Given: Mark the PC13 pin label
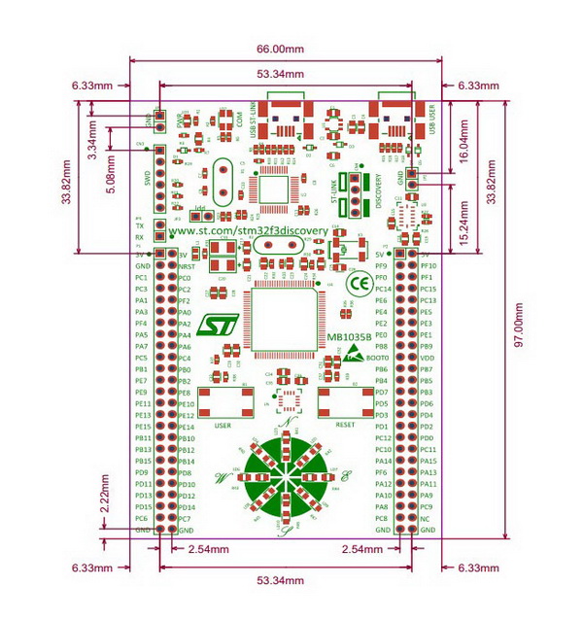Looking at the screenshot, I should coord(429,300).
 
